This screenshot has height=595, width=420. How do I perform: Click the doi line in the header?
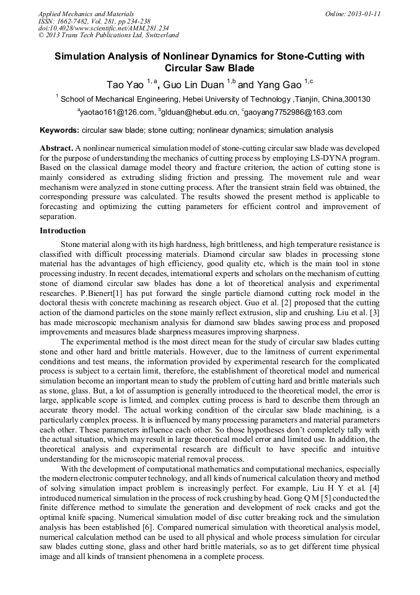(x=103, y=28)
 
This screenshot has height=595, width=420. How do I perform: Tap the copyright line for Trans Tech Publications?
(x=108, y=35)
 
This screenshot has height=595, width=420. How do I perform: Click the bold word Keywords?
(x=59, y=131)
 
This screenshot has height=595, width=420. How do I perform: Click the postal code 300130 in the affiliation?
(x=357, y=99)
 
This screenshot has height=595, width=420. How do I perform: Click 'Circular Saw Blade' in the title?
(x=209, y=68)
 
